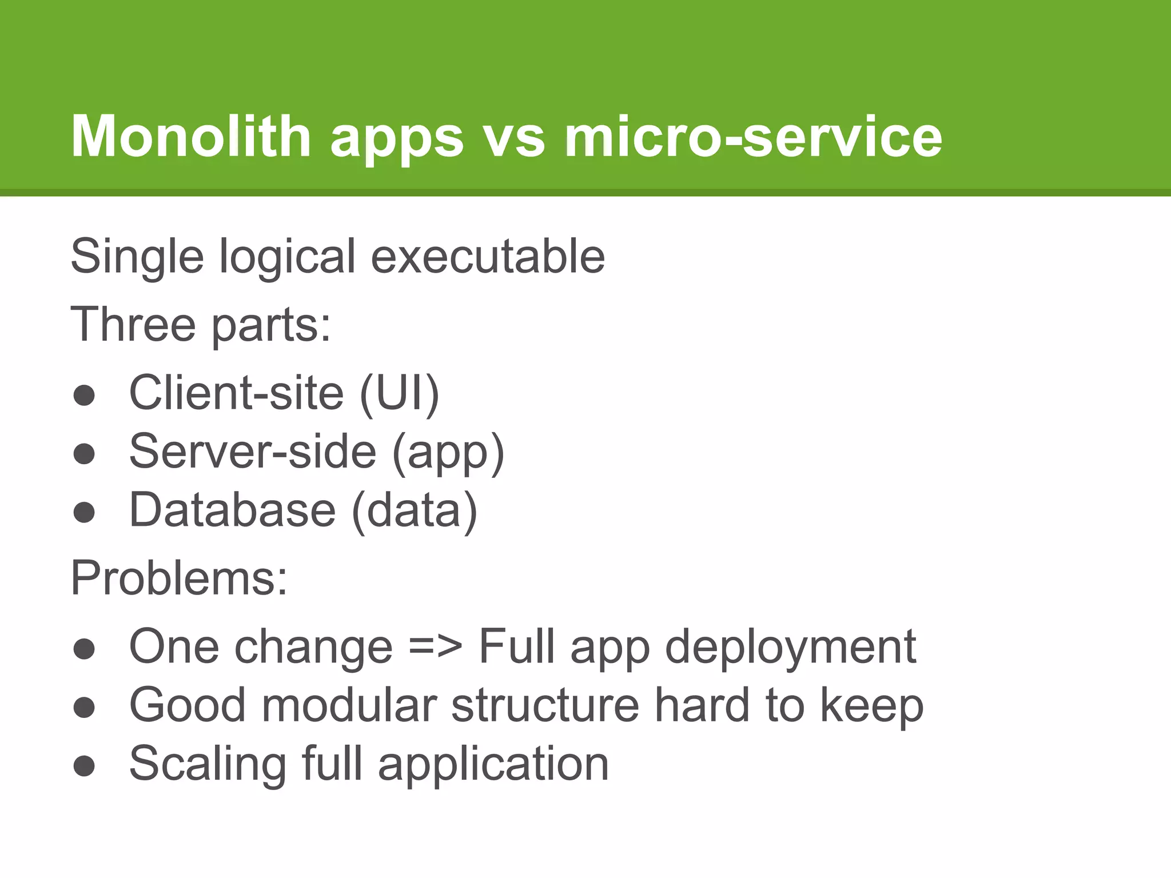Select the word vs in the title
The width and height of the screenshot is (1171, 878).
coord(513,137)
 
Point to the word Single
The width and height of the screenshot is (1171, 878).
coord(137,257)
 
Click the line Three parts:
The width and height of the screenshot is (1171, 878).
coord(200,324)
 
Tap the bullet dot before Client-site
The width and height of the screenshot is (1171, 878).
coord(84,396)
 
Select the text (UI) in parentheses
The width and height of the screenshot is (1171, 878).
coord(399,393)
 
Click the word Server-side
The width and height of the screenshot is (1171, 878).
coord(252,452)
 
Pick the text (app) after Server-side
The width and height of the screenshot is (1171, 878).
coord(448,453)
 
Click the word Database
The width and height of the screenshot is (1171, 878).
coord(232,510)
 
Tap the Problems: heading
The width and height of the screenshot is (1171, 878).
coord(179,578)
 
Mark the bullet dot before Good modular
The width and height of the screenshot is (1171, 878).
coord(84,708)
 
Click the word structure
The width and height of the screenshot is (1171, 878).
coord(545,705)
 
